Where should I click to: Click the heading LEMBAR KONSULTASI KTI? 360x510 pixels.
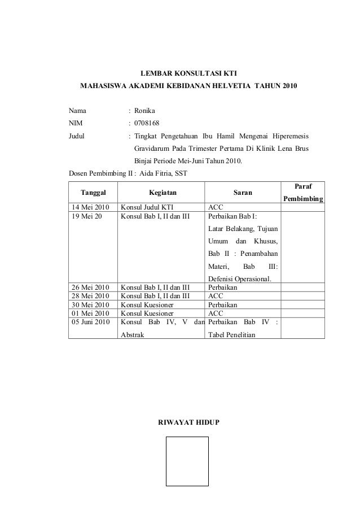coord(188,73)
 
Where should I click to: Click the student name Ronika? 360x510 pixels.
coord(144,110)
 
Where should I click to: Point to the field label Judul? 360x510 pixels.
coord(76,136)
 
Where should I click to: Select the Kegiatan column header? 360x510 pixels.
coord(162,193)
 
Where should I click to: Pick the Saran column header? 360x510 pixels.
coord(243,193)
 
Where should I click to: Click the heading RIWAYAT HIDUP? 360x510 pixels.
coord(188,423)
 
